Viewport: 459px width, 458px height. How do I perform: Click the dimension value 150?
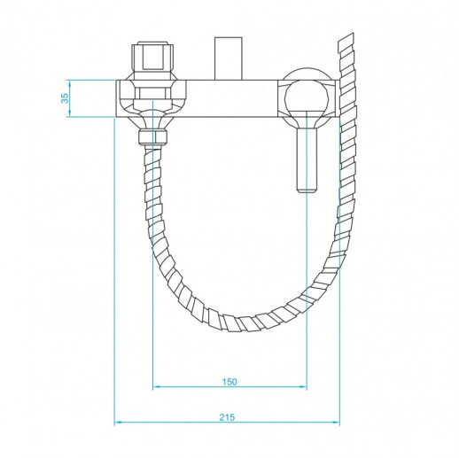229,381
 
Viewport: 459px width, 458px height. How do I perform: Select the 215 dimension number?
227,416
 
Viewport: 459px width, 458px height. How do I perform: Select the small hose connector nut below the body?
154,137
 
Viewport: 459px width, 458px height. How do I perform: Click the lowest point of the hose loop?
245,321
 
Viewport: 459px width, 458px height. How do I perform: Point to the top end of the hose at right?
348,43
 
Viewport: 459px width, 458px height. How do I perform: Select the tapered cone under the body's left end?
154,120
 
